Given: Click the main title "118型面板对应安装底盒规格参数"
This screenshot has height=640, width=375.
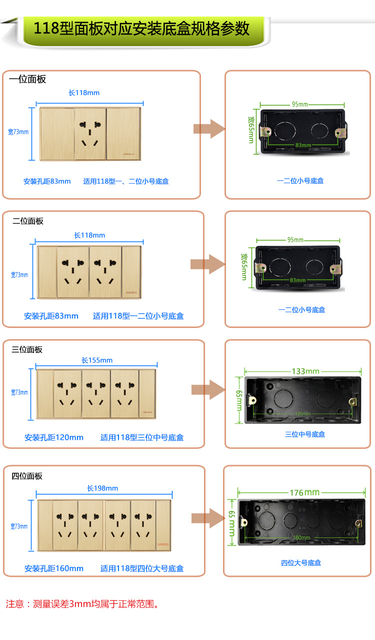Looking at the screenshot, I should tap(141, 28).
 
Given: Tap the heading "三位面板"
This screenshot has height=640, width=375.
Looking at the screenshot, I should tap(27, 349).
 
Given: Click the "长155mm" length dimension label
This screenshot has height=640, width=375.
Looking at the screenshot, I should tap(97, 360).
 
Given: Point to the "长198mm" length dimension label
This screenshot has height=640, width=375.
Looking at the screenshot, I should tap(102, 488).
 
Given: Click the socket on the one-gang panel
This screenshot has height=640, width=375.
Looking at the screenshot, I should tap(90, 133).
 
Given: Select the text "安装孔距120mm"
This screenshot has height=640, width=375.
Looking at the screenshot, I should tap(54, 437).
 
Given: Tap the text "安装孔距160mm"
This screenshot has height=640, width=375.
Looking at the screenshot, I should tap(54, 568).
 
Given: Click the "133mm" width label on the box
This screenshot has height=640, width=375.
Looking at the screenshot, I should tap(305, 371).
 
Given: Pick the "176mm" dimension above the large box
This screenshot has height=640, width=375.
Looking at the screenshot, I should tap(304, 492).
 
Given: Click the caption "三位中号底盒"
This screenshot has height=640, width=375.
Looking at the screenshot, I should tap(305, 434).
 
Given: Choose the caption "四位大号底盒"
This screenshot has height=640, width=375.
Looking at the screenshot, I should tap(301, 563).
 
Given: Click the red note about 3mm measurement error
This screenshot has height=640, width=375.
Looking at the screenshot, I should tap(83, 604).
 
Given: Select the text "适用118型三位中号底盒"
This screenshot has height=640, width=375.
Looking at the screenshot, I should tap(142, 437).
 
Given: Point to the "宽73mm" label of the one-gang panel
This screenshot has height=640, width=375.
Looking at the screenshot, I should tap(18, 132).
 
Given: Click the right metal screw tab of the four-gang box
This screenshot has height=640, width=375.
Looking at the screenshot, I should tap(358, 523).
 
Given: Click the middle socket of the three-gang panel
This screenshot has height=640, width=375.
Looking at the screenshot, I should tap(96, 393).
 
